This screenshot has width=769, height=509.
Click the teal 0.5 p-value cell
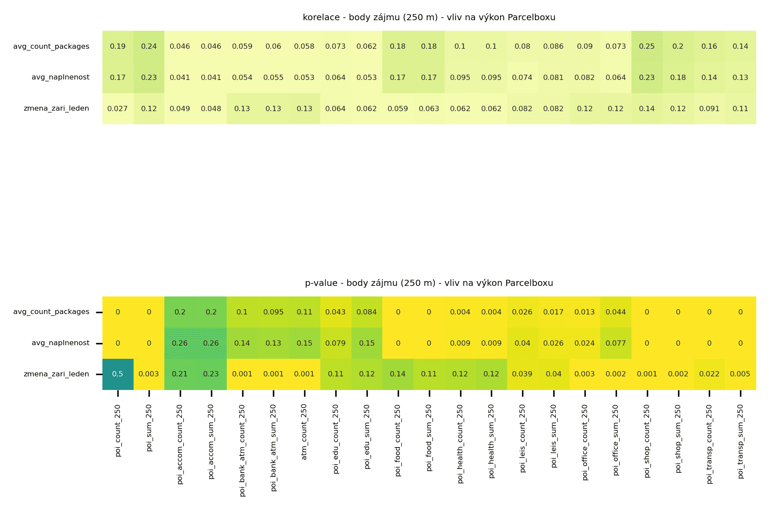click(x=118, y=374)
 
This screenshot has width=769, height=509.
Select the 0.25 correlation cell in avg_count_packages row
click(x=647, y=46)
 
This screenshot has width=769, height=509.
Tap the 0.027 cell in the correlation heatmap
click(x=118, y=108)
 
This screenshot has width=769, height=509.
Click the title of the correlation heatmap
click(x=429, y=18)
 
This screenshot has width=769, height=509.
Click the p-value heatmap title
click(x=429, y=283)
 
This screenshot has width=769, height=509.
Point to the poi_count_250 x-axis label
click(x=118, y=431)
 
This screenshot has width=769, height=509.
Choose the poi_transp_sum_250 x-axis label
click(x=740, y=441)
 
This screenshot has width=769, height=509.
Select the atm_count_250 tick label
click(x=305, y=432)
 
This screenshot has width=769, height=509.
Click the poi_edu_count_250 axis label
click(x=336, y=439)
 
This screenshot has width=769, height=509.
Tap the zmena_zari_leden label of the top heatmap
click(x=56, y=108)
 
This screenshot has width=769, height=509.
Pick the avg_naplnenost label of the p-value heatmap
click(x=60, y=343)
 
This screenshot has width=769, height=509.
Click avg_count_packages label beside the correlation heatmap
click(x=51, y=47)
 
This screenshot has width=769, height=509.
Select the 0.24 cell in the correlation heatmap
click(x=149, y=46)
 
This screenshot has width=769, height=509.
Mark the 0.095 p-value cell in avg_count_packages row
click(x=273, y=312)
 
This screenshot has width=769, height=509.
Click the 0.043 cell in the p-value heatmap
click(x=336, y=312)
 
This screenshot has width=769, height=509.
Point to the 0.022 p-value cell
click(x=709, y=374)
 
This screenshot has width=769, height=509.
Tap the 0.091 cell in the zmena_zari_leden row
click(x=709, y=108)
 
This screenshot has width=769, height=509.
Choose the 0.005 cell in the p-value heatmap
click(x=740, y=374)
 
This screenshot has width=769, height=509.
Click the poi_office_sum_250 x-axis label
click(x=616, y=440)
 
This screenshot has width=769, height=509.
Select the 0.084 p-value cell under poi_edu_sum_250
click(x=367, y=312)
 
